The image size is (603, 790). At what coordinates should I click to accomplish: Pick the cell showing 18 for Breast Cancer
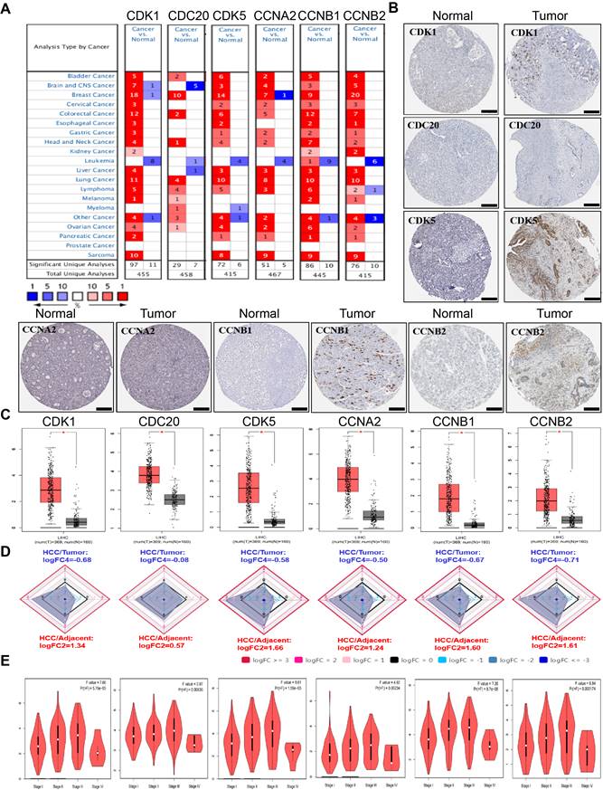pos(132,93)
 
